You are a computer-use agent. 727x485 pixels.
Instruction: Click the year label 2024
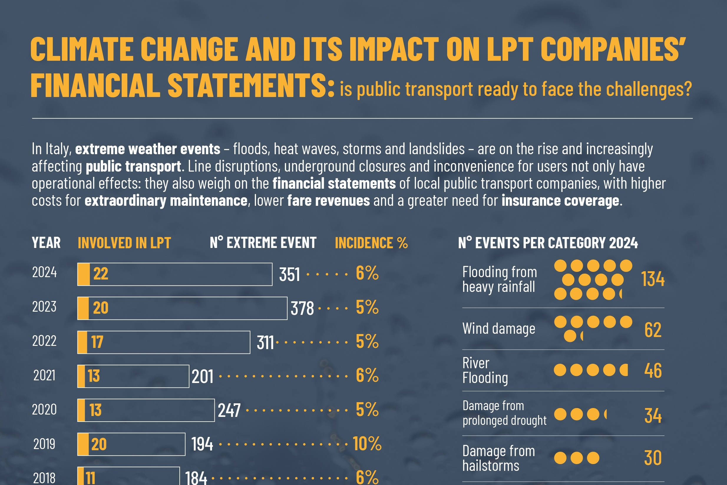coord(44,272)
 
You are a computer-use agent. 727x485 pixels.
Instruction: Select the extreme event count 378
coord(302,308)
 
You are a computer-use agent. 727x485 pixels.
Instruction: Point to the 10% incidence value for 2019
coord(367,443)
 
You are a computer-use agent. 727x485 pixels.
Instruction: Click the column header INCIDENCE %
coord(371,243)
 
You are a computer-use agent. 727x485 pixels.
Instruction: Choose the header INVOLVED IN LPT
coord(124,243)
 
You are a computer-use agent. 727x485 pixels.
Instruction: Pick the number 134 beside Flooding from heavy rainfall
coord(652,279)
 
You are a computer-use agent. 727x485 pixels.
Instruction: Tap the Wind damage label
coord(499,329)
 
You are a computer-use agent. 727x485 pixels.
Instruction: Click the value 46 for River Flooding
coord(652,370)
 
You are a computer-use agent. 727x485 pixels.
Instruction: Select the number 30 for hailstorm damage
coord(652,458)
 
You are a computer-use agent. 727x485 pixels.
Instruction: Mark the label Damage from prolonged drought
coord(504,413)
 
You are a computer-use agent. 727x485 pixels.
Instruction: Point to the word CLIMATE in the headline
coord(82,49)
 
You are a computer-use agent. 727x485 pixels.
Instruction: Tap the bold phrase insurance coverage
coord(560,200)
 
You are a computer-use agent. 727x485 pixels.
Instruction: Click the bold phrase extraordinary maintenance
coord(166,200)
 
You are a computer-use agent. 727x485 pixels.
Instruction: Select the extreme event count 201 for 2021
coord(202,377)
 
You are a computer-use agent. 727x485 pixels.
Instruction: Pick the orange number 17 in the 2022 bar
coord(97,342)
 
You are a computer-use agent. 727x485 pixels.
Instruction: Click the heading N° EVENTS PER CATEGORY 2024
coord(548,243)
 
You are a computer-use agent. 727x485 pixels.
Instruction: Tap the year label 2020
coord(44,410)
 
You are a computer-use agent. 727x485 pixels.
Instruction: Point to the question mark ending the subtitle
coord(688,89)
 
